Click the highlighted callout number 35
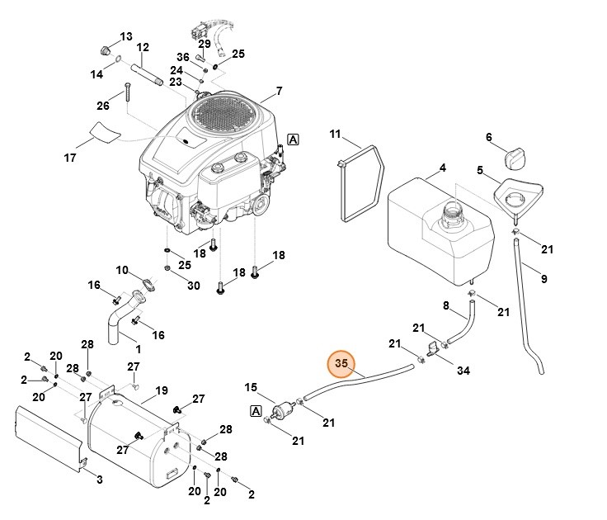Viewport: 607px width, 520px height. [341, 362]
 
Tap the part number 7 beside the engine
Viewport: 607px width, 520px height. [279, 90]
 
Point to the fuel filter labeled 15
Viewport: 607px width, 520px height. [284, 409]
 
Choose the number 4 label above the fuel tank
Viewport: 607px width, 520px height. [442, 168]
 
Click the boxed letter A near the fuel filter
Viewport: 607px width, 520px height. [256, 410]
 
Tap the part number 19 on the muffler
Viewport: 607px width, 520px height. [162, 390]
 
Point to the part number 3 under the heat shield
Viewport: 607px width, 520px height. [100, 480]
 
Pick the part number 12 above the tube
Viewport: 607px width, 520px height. [142, 47]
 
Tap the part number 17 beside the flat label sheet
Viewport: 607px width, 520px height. [70, 157]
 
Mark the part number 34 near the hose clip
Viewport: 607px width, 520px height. [463, 371]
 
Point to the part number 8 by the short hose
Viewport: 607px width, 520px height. [446, 306]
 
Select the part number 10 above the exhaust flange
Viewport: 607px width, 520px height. [122, 270]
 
